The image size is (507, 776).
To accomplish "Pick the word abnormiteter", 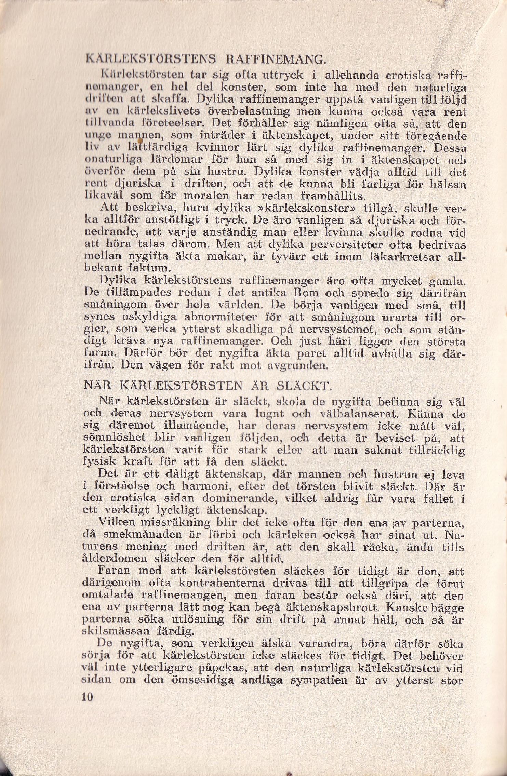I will pyautogui.click(x=221, y=317).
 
